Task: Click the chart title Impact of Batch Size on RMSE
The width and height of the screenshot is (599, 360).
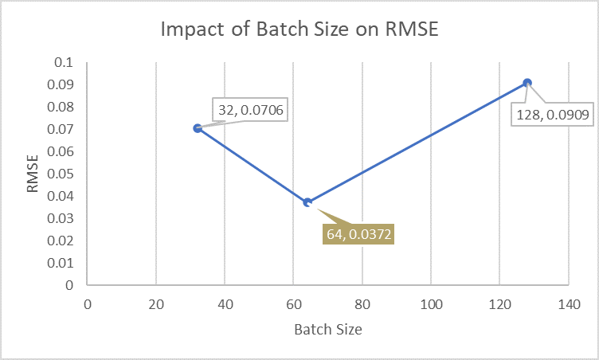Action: [x=299, y=29]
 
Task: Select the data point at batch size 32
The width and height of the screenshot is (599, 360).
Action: [x=198, y=128]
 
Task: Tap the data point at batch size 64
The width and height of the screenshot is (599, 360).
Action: [x=307, y=202]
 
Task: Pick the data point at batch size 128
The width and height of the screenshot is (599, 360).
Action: [x=527, y=83]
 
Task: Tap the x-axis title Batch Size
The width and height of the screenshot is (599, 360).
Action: [x=327, y=329]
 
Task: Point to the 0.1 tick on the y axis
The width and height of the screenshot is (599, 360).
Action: [x=64, y=62]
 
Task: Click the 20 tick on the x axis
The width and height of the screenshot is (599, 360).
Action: [x=156, y=303]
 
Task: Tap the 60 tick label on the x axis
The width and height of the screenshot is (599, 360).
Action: [x=293, y=303]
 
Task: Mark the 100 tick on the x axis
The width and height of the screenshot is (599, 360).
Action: [x=431, y=303]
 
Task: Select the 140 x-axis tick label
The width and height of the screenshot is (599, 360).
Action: [x=568, y=303]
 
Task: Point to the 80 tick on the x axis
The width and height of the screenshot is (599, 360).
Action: [x=362, y=303]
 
